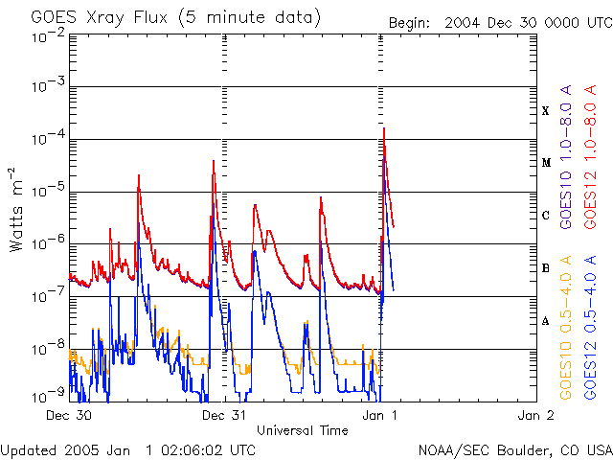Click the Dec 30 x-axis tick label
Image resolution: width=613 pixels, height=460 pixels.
coord(69,416)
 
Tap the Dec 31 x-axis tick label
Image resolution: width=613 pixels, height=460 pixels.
coord(225,416)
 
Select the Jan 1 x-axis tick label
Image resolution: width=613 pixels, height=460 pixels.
coord(380,416)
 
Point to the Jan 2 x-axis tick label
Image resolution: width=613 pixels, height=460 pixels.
coord(535,416)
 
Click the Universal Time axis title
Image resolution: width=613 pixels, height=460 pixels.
coord(302,430)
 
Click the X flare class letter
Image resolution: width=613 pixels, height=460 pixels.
coord(546,111)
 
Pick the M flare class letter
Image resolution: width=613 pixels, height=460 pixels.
coord(546,163)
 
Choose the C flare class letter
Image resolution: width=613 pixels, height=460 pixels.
coord(546,216)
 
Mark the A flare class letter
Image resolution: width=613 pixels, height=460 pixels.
coord(546,321)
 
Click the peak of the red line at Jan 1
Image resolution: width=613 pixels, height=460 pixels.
coord(384,127)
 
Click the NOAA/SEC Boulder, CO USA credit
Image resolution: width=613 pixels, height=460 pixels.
coord(514,449)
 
